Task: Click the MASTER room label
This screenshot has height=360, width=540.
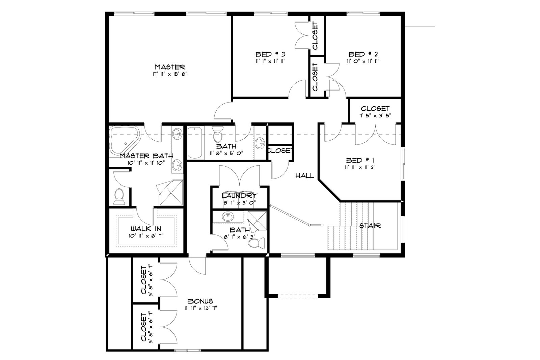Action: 170,67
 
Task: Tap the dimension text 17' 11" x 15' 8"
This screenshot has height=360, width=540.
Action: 170,74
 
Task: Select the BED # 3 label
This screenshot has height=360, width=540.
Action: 270,54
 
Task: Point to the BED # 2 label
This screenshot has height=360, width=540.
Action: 363,54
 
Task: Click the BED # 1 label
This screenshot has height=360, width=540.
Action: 360,160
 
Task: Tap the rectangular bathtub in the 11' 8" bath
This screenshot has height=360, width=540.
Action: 195,143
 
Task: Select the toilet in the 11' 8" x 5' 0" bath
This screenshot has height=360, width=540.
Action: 218,135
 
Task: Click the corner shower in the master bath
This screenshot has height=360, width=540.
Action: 171,193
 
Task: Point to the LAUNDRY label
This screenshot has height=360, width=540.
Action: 239,195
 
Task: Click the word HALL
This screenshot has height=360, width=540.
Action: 305,176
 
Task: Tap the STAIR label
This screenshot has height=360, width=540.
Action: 370,226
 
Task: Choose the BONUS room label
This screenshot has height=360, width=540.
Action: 200,301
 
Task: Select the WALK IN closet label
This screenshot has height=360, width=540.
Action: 146,228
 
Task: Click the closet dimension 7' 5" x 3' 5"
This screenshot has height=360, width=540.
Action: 375,115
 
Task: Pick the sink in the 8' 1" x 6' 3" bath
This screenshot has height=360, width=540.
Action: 228,217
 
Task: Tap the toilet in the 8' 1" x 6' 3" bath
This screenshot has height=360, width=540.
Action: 256,243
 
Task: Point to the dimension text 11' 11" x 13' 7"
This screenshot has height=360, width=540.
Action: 200,308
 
